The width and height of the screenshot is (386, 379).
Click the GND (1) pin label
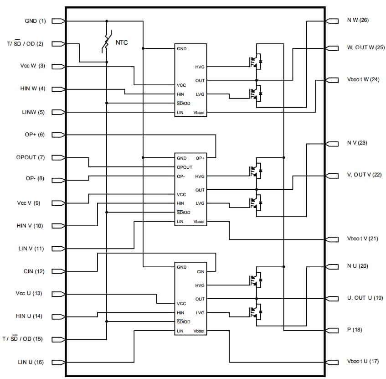tap(36, 21)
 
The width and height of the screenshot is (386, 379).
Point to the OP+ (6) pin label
tap(35, 135)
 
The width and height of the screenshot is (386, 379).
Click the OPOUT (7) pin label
tap(31, 157)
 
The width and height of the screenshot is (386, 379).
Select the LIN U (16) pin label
tap(31, 362)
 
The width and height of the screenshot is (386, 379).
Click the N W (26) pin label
tap(358, 21)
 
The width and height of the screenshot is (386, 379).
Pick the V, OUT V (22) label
tap(364, 175)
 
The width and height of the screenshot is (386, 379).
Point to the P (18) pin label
tap(355, 329)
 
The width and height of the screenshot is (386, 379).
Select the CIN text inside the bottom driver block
tap(200, 272)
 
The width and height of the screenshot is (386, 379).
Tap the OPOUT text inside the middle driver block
tap(185, 167)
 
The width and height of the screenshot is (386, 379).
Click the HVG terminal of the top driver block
tap(200, 67)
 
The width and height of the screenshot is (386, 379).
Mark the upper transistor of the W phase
tap(255, 61)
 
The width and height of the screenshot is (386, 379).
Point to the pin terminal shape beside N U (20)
tap(332, 266)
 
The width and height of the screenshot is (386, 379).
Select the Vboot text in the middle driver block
tap(199, 222)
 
